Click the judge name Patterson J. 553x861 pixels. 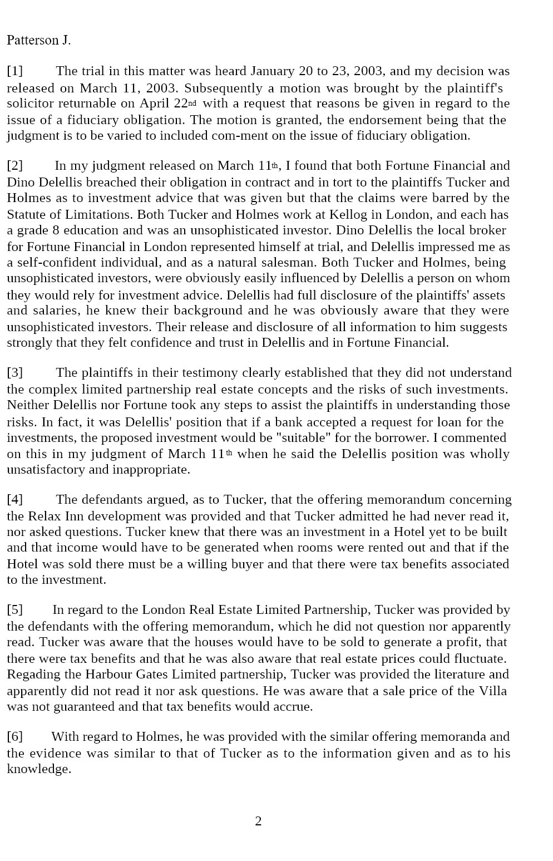click(38, 40)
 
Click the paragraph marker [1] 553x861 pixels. click(15, 71)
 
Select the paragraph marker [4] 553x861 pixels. click(15, 499)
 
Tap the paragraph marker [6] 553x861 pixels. click(15, 736)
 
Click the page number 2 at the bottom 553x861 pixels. click(258, 821)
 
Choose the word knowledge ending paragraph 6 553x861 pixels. click(38, 769)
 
